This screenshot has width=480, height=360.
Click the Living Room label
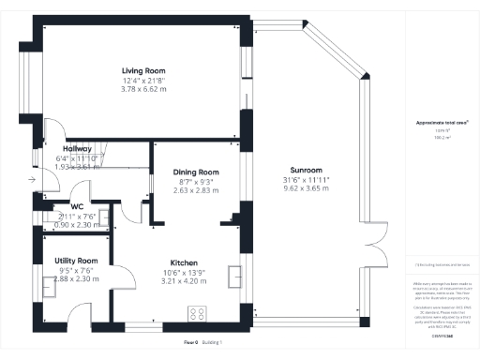tap(143, 70)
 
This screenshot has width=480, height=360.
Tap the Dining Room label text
tap(195, 172)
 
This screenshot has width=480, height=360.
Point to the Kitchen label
tap(182, 262)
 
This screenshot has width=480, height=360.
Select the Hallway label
tap(77, 149)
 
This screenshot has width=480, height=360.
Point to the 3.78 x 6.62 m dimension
tap(143, 89)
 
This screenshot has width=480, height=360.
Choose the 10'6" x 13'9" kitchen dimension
tap(182, 272)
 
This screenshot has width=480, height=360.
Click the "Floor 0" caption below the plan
tap(192, 342)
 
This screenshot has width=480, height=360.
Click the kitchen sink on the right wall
tap(234, 276)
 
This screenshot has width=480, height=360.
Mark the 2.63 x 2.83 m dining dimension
tap(195, 190)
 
